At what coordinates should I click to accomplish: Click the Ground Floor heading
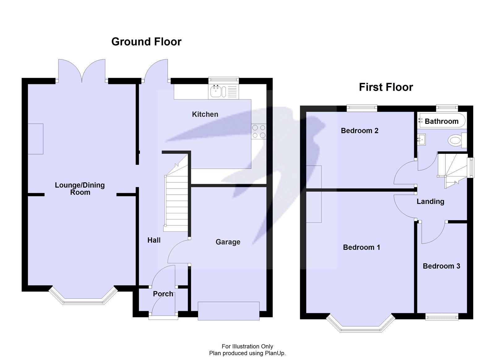click(146, 42)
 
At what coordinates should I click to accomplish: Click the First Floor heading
click(385, 87)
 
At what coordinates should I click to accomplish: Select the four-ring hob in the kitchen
click(259, 131)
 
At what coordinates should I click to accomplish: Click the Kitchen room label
click(205, 114)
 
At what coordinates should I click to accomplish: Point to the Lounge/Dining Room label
click(80, 189)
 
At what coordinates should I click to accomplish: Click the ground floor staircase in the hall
click(176, 201)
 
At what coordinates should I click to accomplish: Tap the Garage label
click(228, 242)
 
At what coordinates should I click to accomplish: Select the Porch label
click(163, 294)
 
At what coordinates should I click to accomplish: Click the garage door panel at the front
click(228, 310)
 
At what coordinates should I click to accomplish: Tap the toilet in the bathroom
click(456, 141)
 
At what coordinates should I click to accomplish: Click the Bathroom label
click(441, 121)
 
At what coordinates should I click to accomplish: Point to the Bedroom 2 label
click(359, 131)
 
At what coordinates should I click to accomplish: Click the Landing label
click(430, 202)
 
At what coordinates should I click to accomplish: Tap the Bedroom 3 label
click(441, 266)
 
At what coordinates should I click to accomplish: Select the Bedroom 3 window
click(441, 316)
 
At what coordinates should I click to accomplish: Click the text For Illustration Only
click(247, 346)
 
